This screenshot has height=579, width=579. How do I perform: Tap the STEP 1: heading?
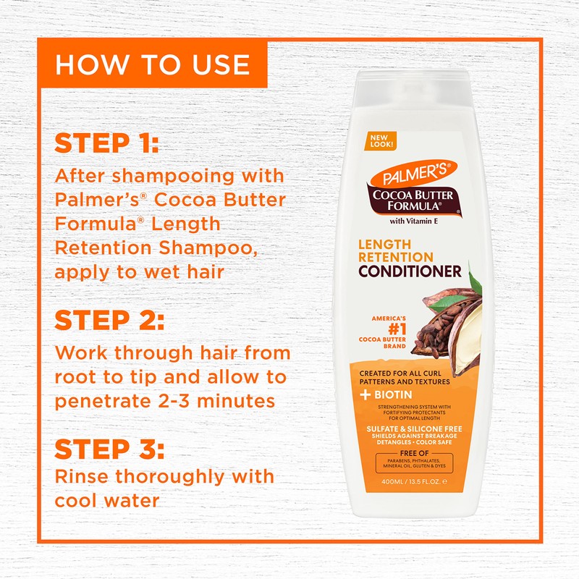[x=106, y=143]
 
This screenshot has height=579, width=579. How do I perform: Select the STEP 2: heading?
[x=109, y=321]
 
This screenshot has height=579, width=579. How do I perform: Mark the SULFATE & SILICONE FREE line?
[x=415, y=428]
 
